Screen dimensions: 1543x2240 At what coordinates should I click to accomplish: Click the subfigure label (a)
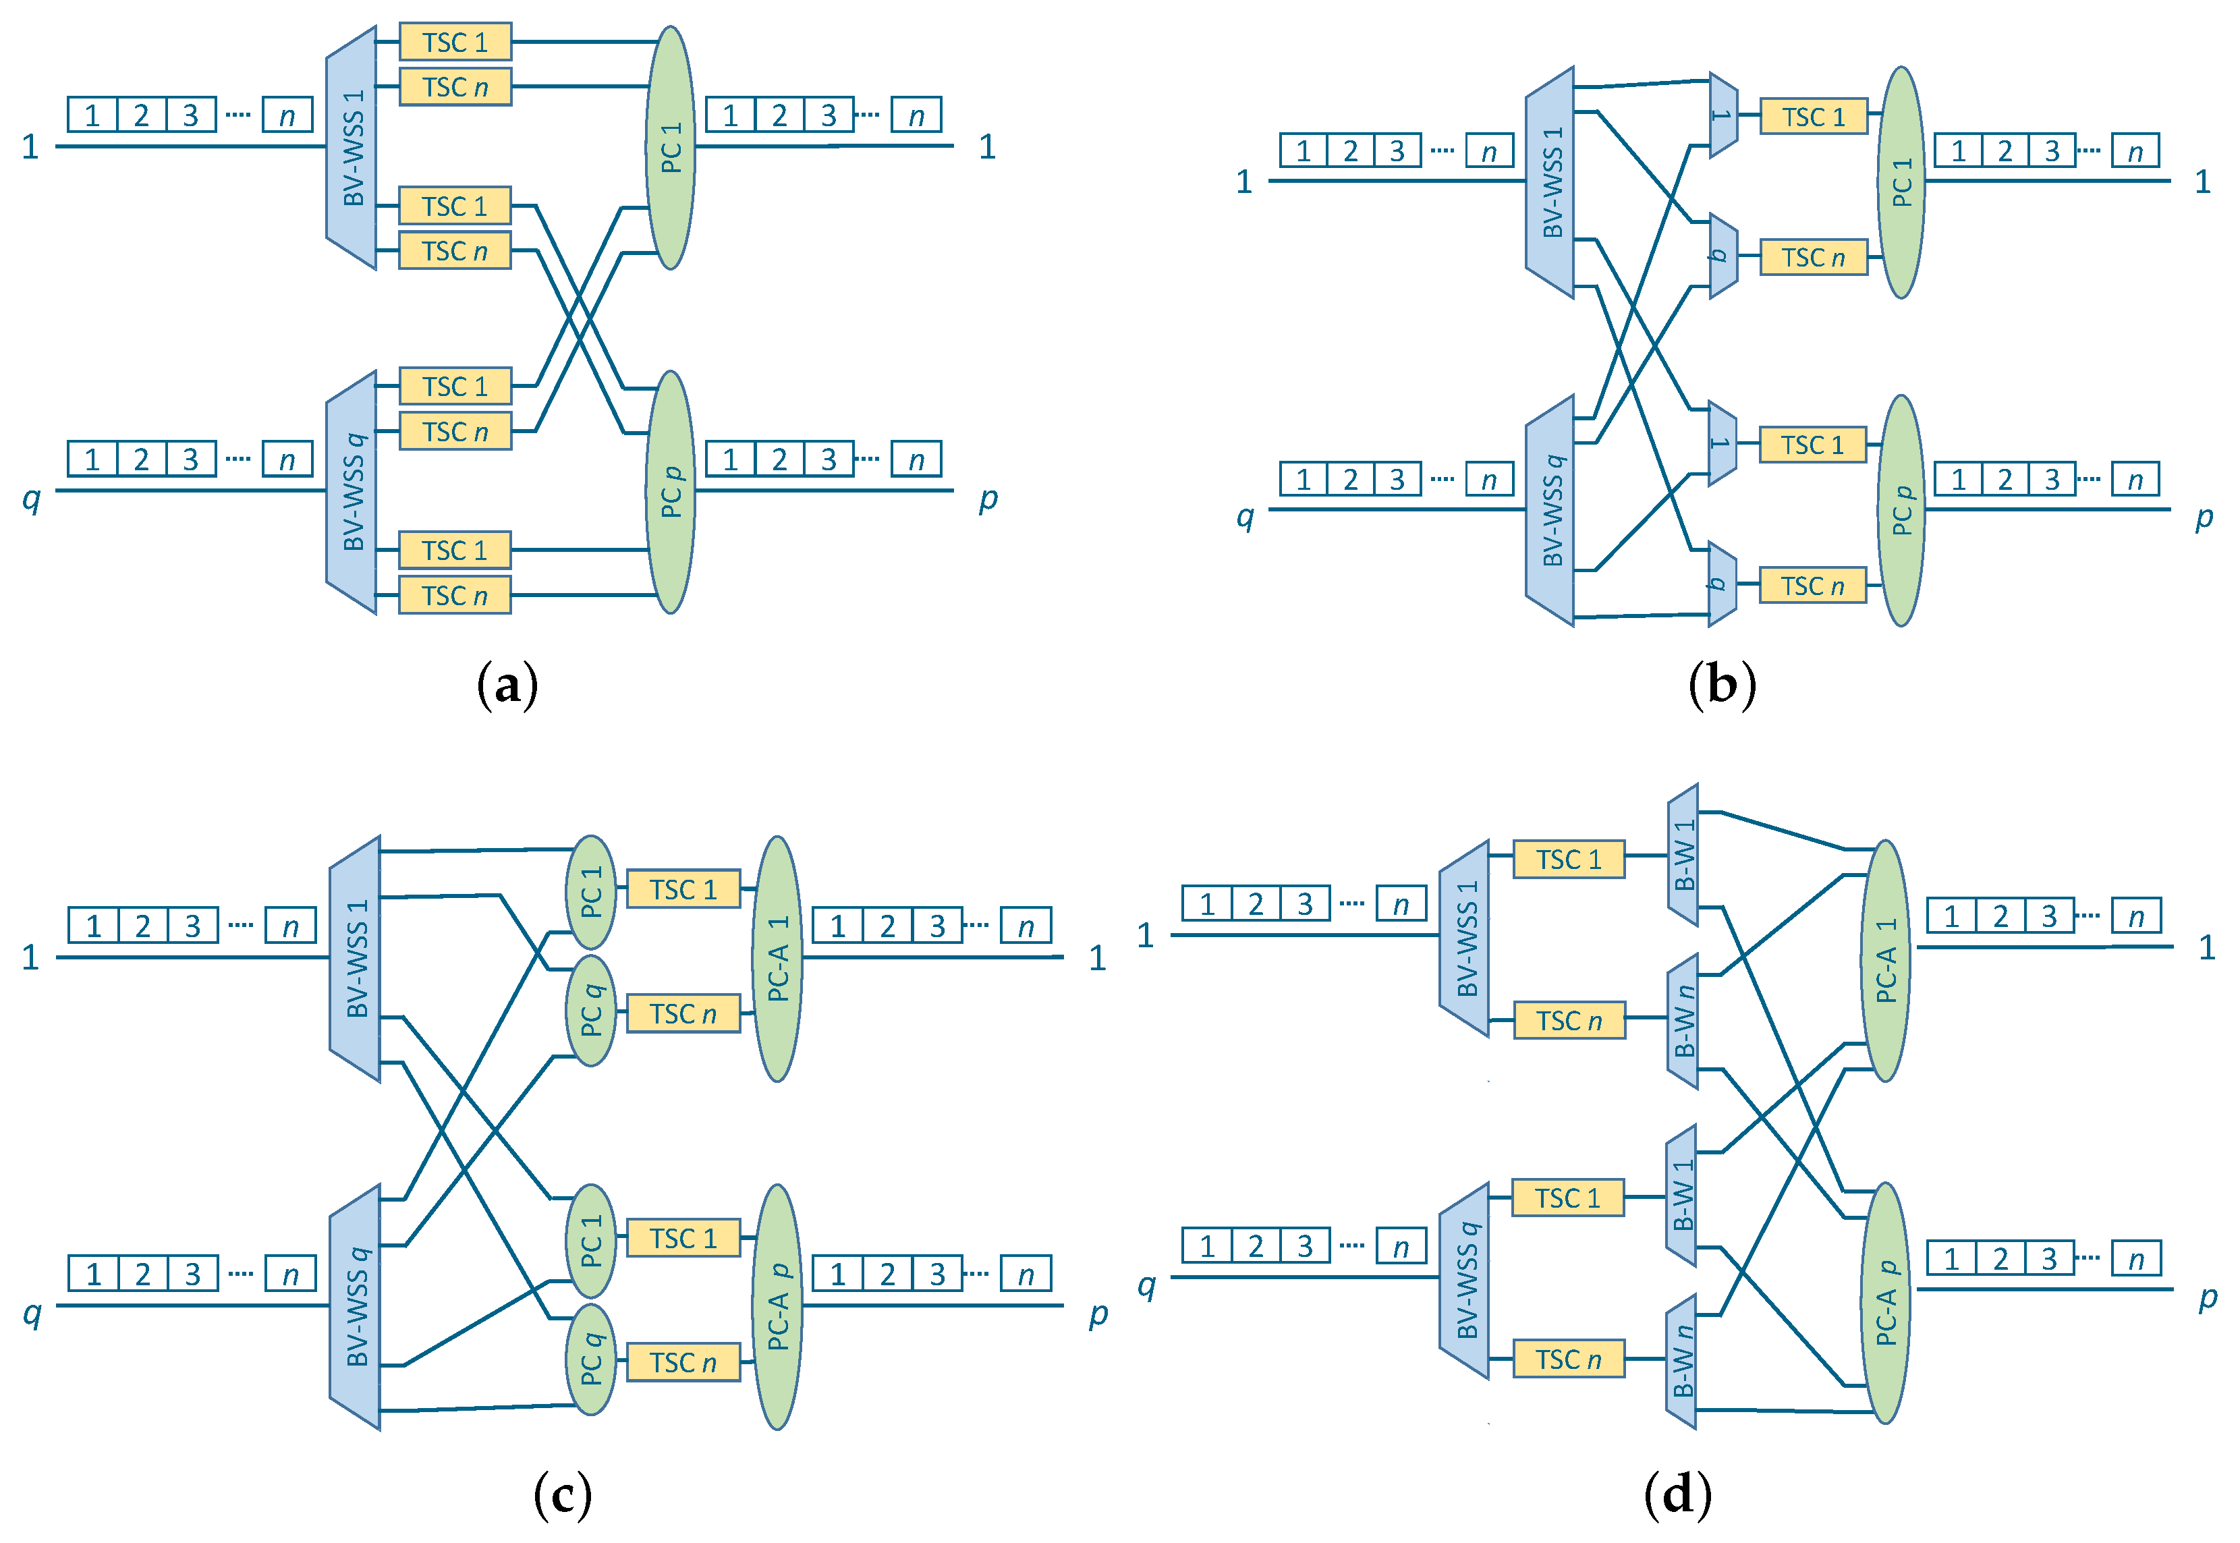click(x=507, y=685)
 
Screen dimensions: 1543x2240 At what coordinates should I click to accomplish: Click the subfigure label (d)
click(x=1678, y=1494)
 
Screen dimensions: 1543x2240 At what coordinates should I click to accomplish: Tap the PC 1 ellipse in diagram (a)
click(x=671, y=148)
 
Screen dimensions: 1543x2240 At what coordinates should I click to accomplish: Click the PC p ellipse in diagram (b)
click(x=1901, y=511)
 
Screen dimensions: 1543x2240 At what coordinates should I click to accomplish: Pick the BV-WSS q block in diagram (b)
click(x=1550, y=511)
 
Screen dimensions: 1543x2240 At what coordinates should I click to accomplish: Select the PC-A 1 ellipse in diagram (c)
click(x=777, y=958)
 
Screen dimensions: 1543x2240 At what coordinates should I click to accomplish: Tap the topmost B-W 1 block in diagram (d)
click(x=1683, y=855)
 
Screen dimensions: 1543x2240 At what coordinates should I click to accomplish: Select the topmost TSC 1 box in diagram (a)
click(x=455, y=43)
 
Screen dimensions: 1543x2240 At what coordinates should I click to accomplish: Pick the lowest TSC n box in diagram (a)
click(x=455, y=596)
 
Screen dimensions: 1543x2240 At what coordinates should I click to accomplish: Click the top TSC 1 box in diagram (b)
click(x=1814, y=117)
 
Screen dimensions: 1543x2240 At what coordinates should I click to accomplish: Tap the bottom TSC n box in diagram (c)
click(x=683, y=1362)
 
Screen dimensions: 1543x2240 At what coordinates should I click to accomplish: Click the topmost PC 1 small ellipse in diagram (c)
click(x=590, y=891)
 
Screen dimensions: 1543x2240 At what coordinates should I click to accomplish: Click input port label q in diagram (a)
click(x=32, y=498)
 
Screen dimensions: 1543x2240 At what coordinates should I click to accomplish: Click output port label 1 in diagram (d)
click(x=2207, y=947)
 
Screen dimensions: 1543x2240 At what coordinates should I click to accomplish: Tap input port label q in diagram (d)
click(x=1146, y=1285)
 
